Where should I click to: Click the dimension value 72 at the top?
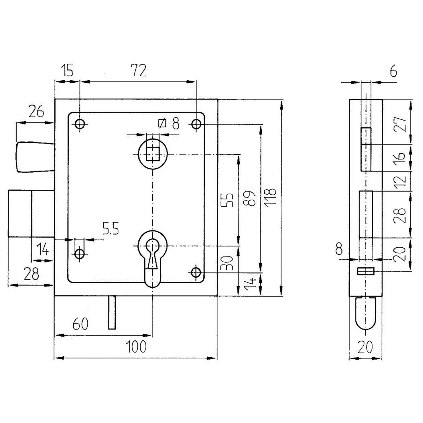pos(138,70)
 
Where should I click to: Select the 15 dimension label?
pos(67,70)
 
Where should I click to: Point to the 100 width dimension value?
pos(136,347)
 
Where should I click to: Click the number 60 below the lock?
pos(80,324)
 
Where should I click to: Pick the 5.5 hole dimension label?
pos(110,229)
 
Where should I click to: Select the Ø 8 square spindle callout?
pos(169,124)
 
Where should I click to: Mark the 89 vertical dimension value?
pos(250,198)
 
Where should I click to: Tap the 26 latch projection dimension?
pos(36,111)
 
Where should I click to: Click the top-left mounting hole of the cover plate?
pos(80,124)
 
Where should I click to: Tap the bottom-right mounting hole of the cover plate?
pos(196,273)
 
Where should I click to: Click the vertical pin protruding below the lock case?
pos(112,312)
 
